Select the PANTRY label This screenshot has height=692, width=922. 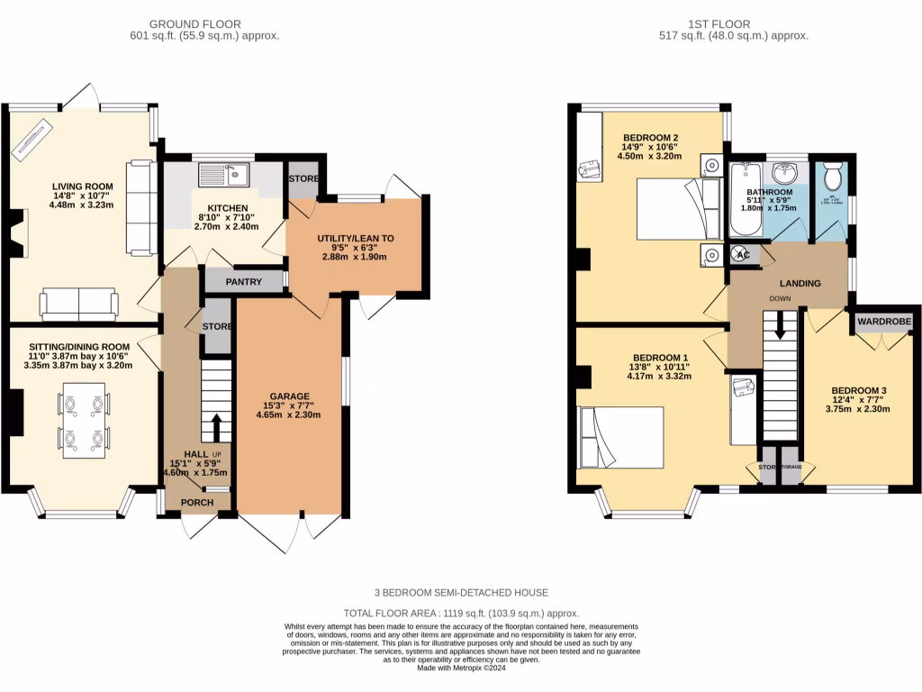click(243, 282)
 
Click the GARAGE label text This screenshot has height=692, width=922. click(289, 396)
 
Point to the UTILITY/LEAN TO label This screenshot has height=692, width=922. click(355, 239)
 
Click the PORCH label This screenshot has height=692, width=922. click(197, 503)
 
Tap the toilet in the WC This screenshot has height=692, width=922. click(832, 172)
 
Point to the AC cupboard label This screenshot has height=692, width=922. click(743, 255)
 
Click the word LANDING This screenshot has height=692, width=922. click(800, 283)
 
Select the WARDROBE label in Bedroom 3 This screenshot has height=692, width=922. click(883, 322)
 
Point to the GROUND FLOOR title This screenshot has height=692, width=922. click(194, 23)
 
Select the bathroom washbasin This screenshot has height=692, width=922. click(785, 171)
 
